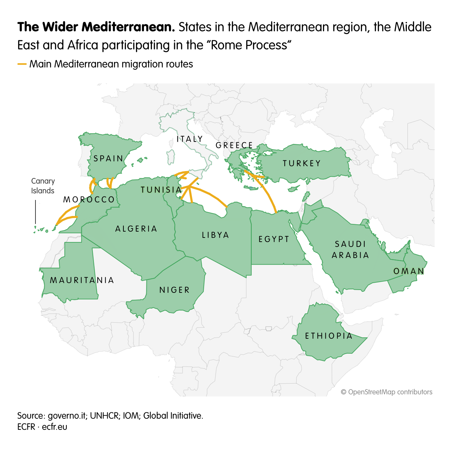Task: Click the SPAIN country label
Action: [108, 159]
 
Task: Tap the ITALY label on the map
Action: [189, 139]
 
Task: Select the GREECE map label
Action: [234, 145]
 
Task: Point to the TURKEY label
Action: [301, 163]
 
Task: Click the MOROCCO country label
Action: [89, 200]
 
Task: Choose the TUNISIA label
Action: [161, 190]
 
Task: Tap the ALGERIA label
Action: [136, 229]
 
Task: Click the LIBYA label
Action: [216, 235]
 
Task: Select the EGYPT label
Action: [274, 239]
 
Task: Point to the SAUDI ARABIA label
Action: [350, 250]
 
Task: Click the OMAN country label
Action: [409, 271]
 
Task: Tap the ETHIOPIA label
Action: [329, 336]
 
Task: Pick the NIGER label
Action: [175, 290]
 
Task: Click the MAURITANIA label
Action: [82, 280]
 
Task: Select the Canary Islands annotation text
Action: [43, 186]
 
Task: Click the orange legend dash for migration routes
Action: [22, 64]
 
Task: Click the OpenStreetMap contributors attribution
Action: [387, 392]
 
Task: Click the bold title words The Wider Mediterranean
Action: [96, 27]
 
